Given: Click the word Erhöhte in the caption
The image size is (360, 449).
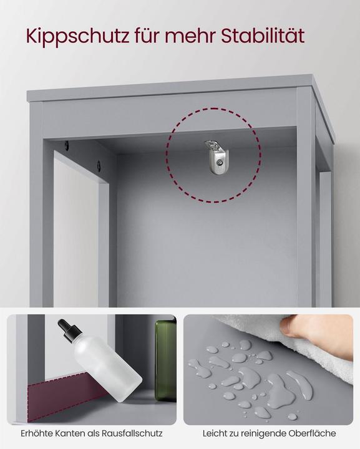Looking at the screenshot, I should (x=37, y=433).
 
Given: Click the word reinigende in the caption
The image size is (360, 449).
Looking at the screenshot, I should (x=263, y=433).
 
